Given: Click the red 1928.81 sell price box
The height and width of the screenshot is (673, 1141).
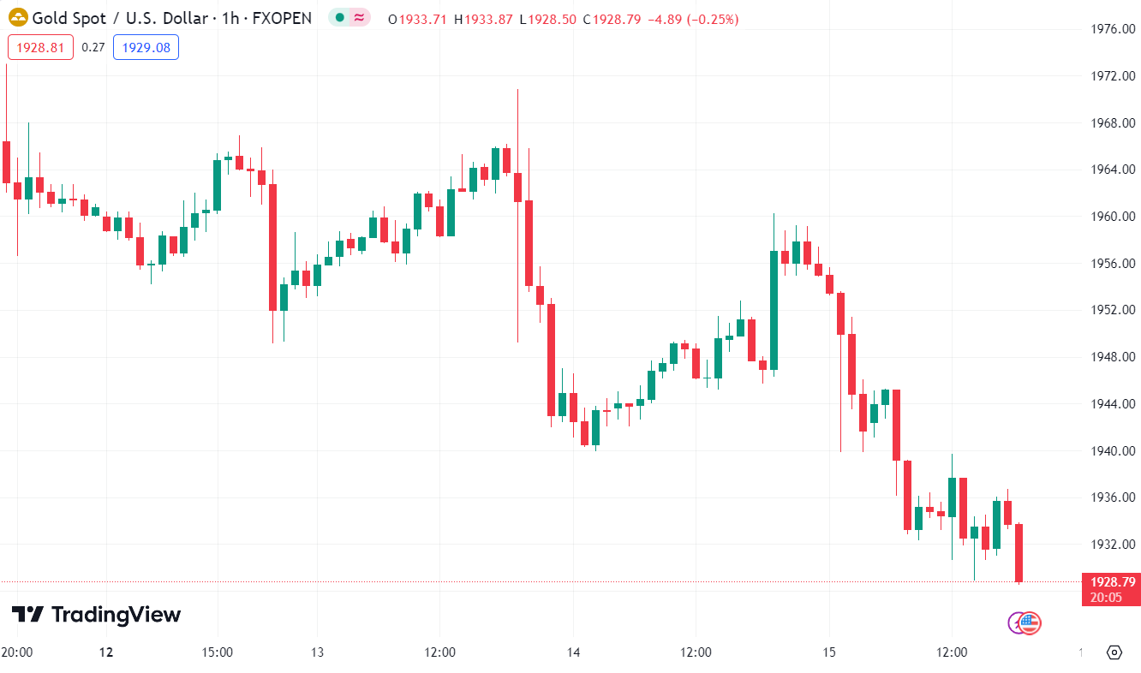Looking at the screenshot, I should [x=40, y=47].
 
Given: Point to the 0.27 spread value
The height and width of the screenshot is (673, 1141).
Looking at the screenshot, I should [x=93, y=47].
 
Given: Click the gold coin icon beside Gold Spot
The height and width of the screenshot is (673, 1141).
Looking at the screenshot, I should [x=18, y=18].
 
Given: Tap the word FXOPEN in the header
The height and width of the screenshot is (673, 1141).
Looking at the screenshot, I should [x=282, y=18].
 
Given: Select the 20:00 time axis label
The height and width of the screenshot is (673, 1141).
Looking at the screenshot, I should [x=17, y=652].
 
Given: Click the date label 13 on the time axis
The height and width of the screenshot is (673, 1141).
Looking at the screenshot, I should [x=316, y=652].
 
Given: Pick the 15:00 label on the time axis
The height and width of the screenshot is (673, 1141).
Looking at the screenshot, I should [x=218, y=652].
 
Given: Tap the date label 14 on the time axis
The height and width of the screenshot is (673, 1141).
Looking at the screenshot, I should [x=573, y=652].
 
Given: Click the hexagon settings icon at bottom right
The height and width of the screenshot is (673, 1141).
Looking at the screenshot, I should [x=1114, y=652].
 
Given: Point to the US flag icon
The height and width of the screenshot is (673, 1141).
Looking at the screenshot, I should [x=1030, y=623].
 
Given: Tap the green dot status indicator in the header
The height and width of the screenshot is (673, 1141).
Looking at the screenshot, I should [x=340, y=18].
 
